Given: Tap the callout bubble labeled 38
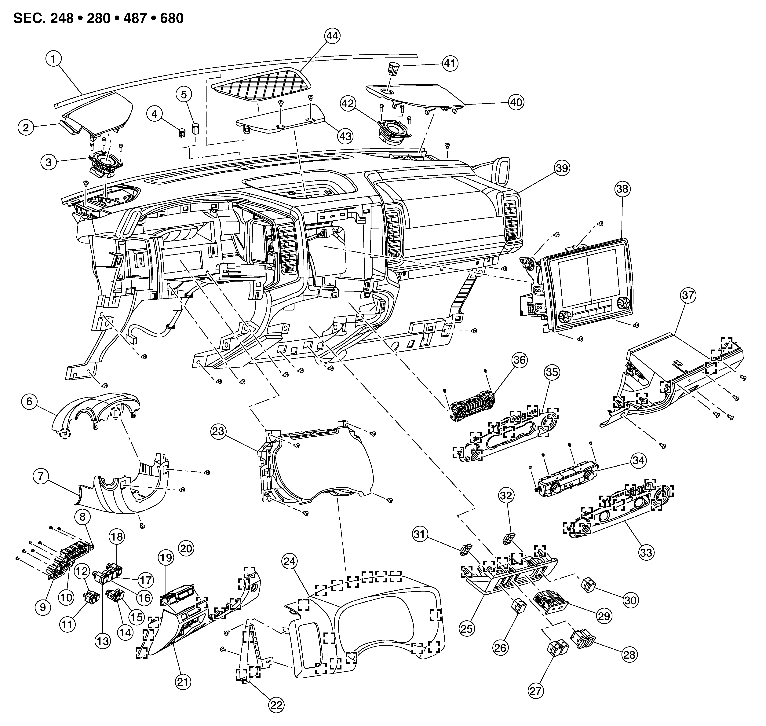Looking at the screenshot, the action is pyautogui.click(x=622, y=189).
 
